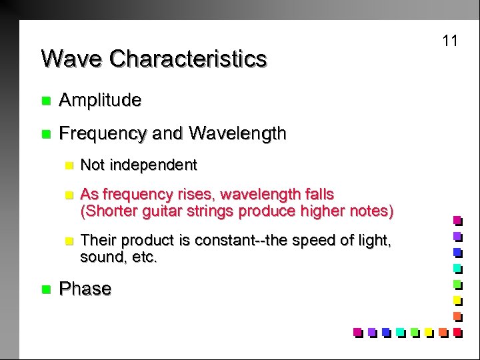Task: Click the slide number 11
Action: coord(450,41)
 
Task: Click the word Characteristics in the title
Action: coord(188,59)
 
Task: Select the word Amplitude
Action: coord(100,101)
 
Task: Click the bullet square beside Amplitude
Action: coord(45,101)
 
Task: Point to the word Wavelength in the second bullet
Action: coord(237,134)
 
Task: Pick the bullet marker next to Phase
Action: coord(45,289)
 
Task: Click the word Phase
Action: coord(85,289)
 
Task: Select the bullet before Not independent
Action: coord(67,165)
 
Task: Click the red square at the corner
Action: coord(457,331)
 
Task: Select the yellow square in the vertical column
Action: coord(457,299)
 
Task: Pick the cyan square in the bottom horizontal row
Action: coord(399,331)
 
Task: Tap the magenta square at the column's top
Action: coord(457,219)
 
